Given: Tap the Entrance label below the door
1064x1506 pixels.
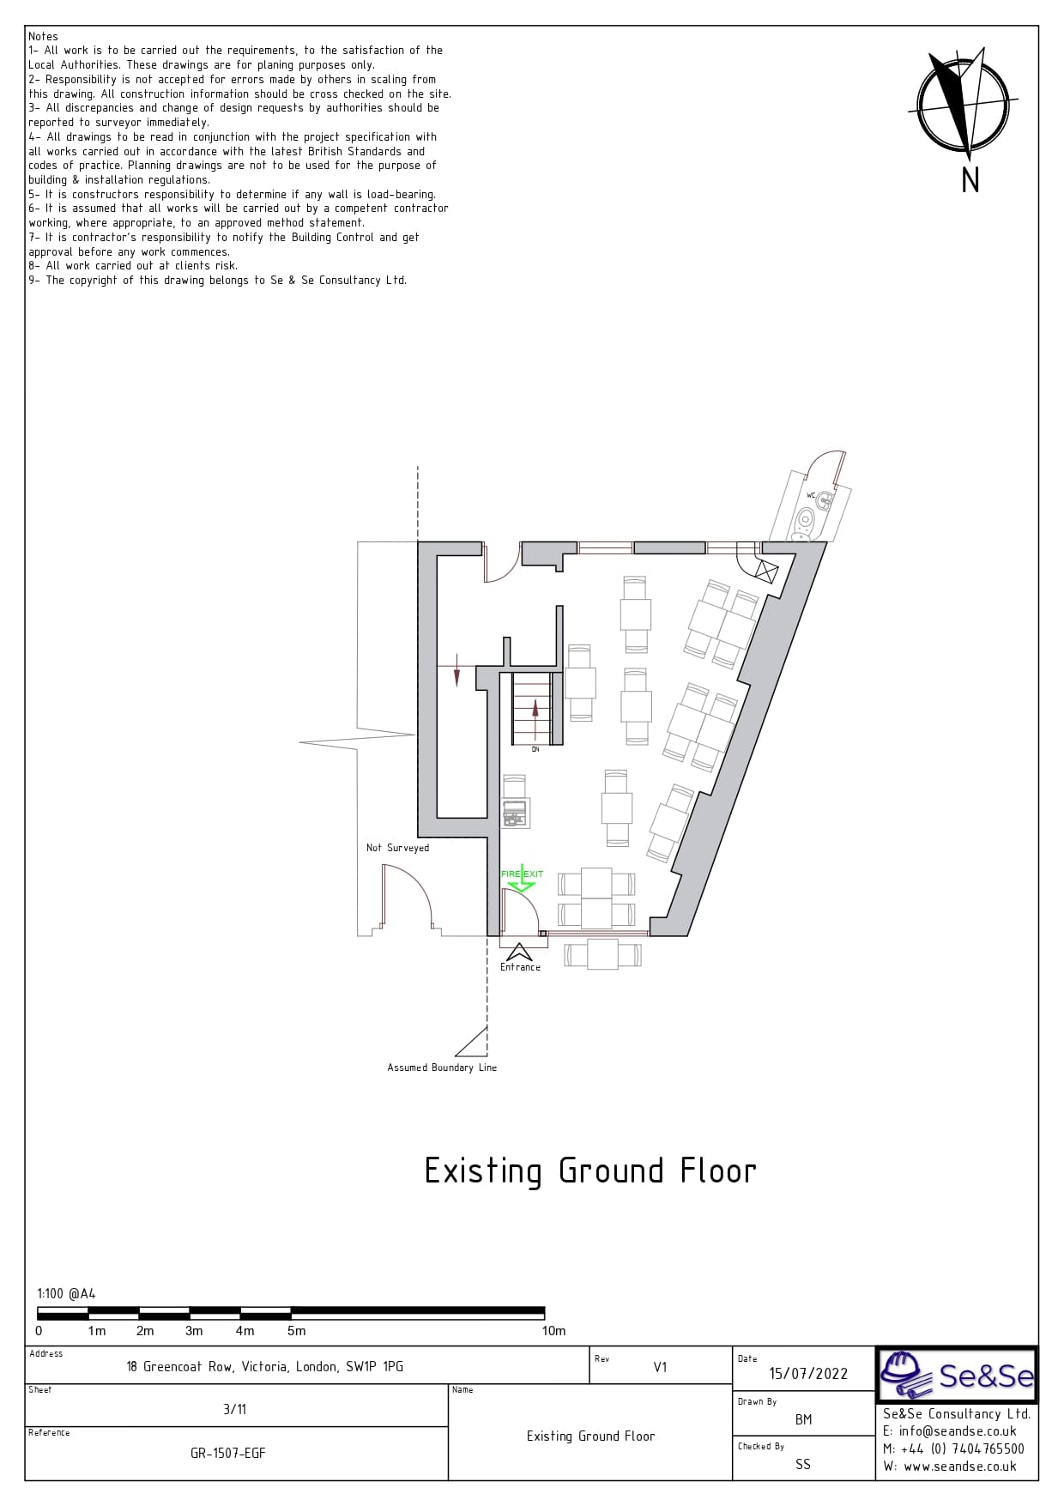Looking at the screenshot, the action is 521,967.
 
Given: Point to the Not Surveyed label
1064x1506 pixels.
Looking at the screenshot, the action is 397,848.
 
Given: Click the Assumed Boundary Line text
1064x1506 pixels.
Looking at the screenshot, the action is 442,1068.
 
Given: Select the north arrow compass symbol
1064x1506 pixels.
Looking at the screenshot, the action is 963,105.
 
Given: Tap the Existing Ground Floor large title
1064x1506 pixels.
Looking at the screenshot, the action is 590,1171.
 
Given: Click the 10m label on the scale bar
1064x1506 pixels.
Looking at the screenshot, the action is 553,1331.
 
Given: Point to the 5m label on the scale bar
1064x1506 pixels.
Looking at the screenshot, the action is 296,1331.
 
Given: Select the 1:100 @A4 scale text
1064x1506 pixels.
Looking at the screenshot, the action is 66,1294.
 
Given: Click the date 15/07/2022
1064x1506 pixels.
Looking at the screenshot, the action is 808,1374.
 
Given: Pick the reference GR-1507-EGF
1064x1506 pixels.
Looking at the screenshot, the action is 228,1454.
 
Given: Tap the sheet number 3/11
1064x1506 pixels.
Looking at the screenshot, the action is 234,1409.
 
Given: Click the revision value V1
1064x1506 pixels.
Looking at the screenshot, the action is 660,1367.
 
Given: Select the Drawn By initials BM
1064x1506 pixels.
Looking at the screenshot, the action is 803,1419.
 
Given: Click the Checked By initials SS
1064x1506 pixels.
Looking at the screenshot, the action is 802,1464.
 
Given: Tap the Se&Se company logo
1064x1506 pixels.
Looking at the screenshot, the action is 956,1375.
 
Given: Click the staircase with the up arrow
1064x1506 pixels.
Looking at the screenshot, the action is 532,709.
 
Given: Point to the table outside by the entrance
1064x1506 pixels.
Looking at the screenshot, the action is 602,954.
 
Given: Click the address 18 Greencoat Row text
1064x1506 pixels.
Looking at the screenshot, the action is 264,1367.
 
